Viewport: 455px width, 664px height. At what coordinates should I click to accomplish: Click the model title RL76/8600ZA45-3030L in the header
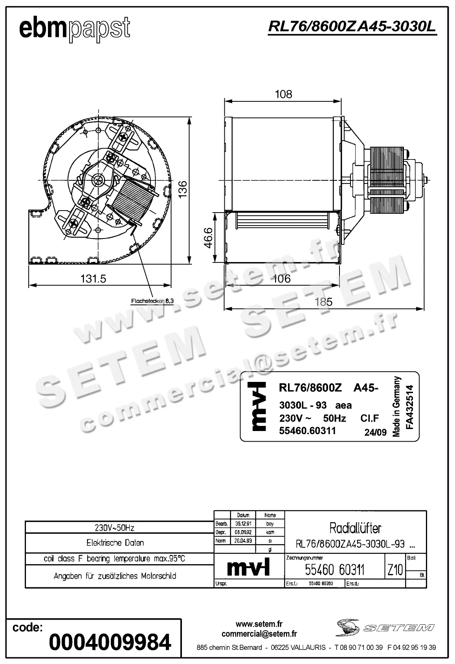pos(352,27)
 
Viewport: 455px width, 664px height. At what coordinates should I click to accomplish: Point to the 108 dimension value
pos(283,94)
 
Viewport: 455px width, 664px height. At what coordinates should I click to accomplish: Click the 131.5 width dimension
pos(94,279)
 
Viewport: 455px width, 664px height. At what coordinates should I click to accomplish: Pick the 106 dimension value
pos(282,279)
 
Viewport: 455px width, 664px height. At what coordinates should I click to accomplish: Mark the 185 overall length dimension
pos(323,302)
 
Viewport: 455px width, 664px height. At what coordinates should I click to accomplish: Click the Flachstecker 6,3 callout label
pos(152,301)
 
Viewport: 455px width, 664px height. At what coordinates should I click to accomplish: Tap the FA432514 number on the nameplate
pos(410,407)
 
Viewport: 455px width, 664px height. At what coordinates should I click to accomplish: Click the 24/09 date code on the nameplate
pos(375,433)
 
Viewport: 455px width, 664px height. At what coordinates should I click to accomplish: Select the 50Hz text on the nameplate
pos(334,418)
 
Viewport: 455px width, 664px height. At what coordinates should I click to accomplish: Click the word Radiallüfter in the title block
pos(355,528)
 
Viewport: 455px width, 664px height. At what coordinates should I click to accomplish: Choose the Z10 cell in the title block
pos(395,570)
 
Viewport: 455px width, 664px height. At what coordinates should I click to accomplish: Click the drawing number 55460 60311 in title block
pos(335,570)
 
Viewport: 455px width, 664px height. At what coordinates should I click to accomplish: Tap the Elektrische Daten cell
pos(115,543)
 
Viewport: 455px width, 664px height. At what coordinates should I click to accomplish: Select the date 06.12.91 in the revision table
pos(243,524)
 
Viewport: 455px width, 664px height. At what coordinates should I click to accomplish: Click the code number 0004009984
pos(110,642)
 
